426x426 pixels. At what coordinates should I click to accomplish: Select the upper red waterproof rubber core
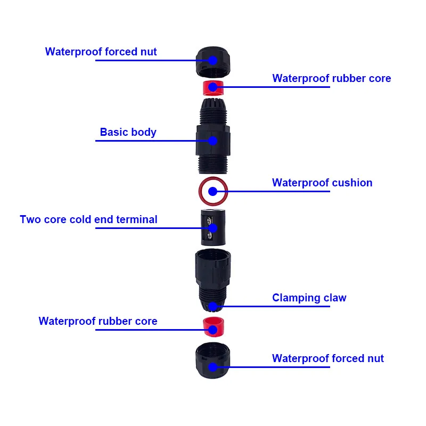212,87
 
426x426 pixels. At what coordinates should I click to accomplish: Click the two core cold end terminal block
212,227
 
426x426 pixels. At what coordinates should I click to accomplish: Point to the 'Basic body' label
128,132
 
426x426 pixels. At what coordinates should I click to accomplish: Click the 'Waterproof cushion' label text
322,183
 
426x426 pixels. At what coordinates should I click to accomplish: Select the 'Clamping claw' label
309,298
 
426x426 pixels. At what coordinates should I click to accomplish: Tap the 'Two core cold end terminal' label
88,219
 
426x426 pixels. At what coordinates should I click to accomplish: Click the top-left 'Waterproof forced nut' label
101,52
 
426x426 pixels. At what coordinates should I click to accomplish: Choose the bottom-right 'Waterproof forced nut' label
327,358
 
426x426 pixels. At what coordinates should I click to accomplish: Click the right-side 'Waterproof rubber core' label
331,78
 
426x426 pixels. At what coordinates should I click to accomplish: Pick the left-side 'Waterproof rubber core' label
98,321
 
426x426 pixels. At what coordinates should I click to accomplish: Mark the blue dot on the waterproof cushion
212,191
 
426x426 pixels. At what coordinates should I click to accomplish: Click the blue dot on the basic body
212,141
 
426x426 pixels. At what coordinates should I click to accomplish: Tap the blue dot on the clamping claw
212,306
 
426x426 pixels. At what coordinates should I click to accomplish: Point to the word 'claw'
334,298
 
